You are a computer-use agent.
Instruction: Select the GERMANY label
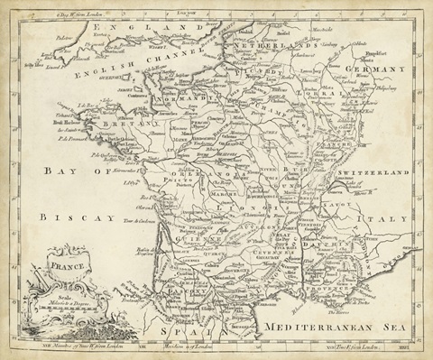380,69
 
